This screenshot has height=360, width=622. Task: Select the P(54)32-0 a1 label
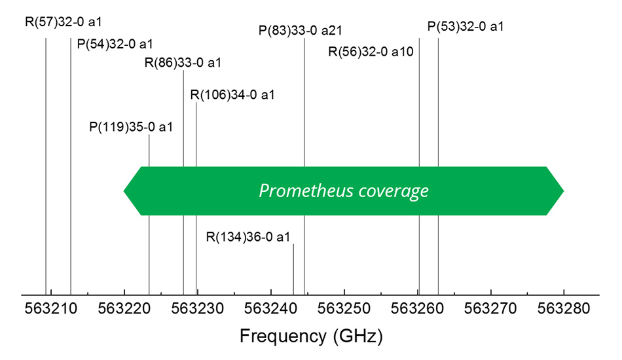pyautogui.click(x=115, y=44)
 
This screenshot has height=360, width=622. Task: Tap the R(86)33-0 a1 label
pyautogui.click(x=183, y=63)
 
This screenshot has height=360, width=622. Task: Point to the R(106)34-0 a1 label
pyautogui.click(x=232, y=95)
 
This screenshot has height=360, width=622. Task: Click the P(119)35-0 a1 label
pyautogui.click(x=131, y=126)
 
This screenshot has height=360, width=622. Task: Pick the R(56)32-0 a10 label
pyautogui.click(x=371, y=52)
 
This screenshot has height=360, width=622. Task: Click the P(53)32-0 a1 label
pyautogui.click(x=466, y=27)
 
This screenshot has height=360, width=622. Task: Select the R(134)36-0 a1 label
pyautogui.click(x=247, y=236)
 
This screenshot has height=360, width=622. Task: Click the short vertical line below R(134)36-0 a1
pyautogui.click(x=293, y=269)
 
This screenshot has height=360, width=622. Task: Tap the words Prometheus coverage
pyautogui.click(x=344, y=190)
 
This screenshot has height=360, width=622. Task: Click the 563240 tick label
pyautogui.click(x=270, y=308)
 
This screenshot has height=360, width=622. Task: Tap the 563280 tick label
pyautogui.click(x=564, y=308)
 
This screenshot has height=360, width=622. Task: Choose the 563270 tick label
pyautogui.click(x=490, y=308)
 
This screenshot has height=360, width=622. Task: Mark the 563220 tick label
pyautogui.click(x=124, y=308)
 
